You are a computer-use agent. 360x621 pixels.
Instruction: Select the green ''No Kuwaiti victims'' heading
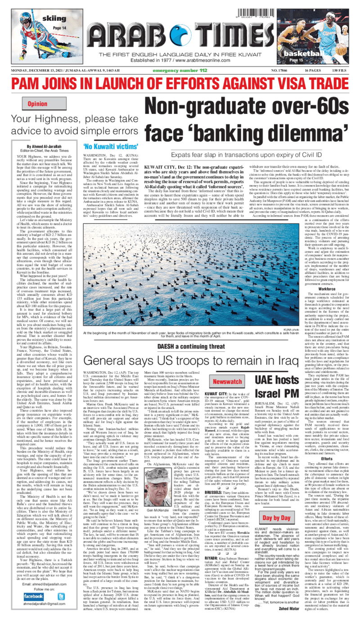point(110,147)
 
